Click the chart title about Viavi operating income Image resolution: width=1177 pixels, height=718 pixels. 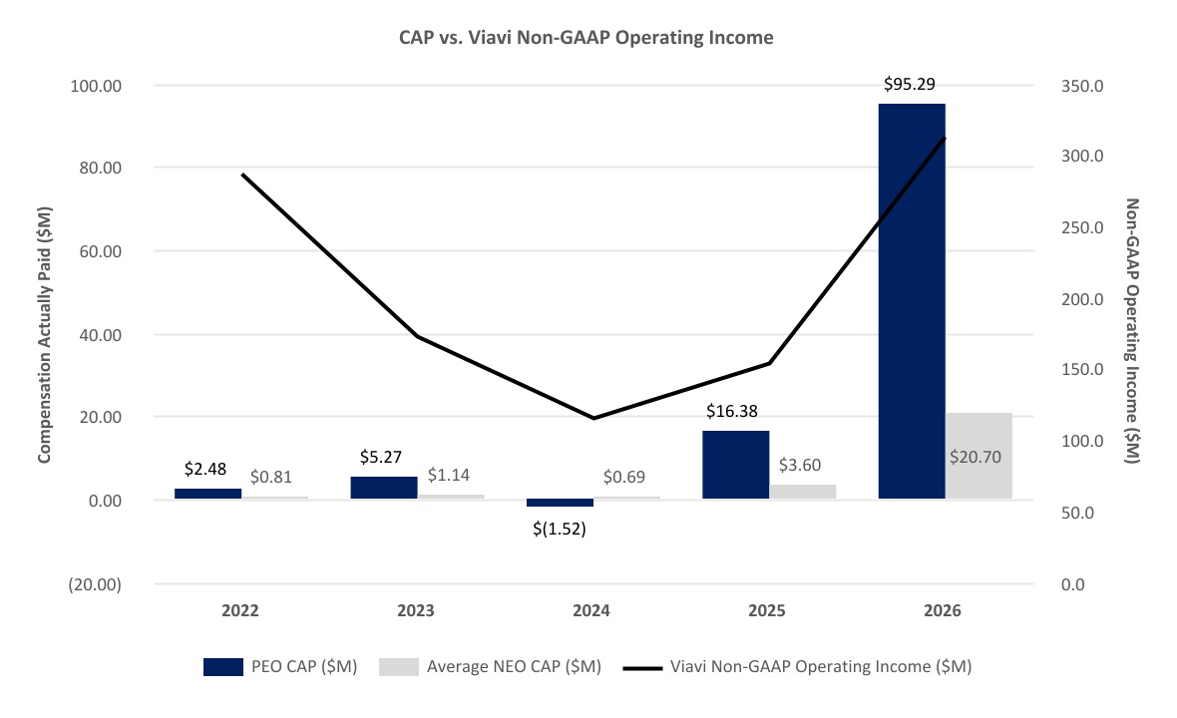click(x=586, y=38)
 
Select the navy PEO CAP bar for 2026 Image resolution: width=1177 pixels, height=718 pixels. click(x=912, y=301)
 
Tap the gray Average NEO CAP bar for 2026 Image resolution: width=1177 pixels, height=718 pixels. click(x=979, y=456)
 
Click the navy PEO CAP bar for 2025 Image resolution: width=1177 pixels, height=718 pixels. click(x=736, y=465)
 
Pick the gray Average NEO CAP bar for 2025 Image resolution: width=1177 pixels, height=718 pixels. click(x=802, y=492)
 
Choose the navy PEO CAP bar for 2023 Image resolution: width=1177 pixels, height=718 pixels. click(x=384, y=488)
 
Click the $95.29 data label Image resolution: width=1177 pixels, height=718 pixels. click(x=909, y=84)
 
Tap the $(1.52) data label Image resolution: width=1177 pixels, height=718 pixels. click(x=560, y=529)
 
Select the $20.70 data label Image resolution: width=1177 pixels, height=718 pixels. click(x=976, y=457)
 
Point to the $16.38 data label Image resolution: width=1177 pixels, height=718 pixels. click(x=732, y=411)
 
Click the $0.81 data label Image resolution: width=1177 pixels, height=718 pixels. click(x=271, y=477)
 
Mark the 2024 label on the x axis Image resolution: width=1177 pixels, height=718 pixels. click(x=591, y=610)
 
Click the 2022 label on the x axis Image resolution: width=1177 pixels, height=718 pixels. click(x=240, y=610)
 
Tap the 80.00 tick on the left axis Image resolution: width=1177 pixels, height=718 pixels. click(x=100, y=169)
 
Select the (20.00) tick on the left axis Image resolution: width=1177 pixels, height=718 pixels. click(x=95, y=584)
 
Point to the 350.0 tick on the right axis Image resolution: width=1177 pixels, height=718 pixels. click(x=1082, y=87)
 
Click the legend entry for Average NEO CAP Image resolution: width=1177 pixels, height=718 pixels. click(x=490, y=666)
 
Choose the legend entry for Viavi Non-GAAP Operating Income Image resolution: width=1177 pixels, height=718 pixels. click(x=798, y=666)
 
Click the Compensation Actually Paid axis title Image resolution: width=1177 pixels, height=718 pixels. click(x=44, y=335)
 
